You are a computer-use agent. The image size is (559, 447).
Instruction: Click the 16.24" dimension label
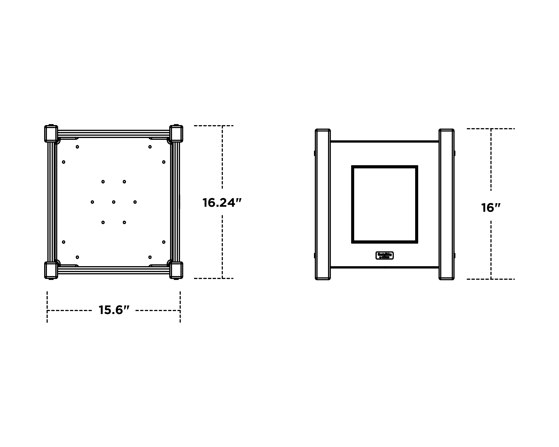coord(222,202)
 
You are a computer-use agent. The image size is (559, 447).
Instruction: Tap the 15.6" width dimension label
coord(114,310)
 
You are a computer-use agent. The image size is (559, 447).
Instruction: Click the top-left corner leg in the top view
coord(51,134)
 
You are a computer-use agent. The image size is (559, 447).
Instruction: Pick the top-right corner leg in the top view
coord(176,134)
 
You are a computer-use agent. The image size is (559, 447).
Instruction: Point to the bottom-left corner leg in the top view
coord(51,270)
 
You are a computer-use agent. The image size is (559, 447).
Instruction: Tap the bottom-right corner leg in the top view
coord(176,270)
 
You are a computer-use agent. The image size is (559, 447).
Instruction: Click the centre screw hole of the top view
coord(113,202)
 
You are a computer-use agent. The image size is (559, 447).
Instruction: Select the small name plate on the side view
coord(385,256)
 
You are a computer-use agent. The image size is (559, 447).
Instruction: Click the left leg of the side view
coord(323,204)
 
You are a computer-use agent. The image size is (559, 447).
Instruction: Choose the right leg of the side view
coord(446,204)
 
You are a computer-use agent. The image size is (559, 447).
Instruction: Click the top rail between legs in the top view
coord(113,134)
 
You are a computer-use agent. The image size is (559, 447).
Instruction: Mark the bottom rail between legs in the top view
coord(113,270)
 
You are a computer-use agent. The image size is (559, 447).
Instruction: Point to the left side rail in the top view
coord(52,202)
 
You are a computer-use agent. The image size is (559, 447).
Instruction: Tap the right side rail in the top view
coord(175,202)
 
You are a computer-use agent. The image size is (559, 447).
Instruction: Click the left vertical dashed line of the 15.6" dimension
coord(47,307)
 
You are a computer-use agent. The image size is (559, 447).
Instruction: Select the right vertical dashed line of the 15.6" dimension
coord(180,307)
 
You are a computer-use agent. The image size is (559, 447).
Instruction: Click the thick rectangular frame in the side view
coord(353,204)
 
